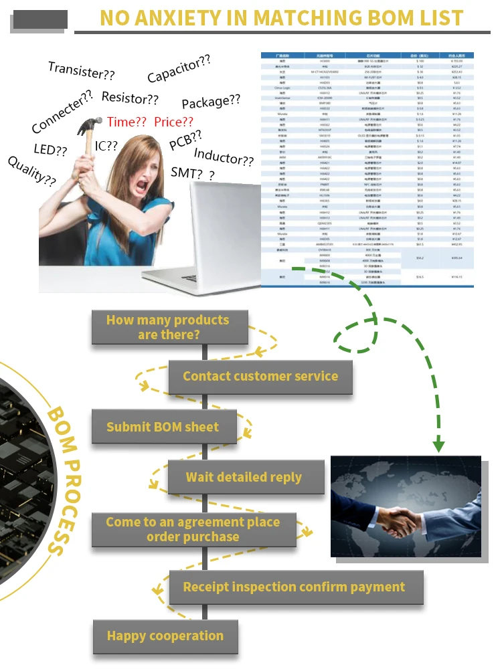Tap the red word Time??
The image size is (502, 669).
127,122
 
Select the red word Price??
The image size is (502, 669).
173,122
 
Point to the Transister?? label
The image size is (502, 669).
81,70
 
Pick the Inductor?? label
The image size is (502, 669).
224,158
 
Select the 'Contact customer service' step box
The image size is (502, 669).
260,376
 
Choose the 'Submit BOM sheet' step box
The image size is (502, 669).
163,427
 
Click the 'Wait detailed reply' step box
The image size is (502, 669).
244,478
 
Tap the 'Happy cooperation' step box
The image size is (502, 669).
165,636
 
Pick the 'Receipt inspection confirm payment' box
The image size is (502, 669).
294,587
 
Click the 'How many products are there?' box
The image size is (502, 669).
169,327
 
